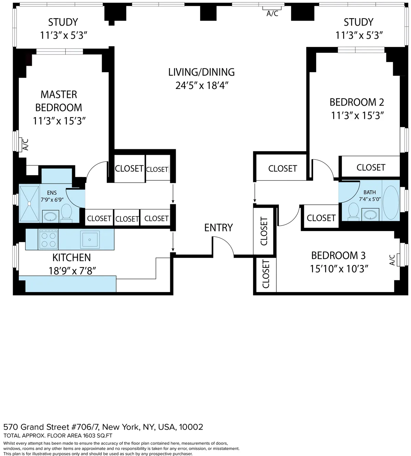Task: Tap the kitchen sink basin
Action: (x=90, y=239)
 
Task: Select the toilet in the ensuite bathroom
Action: (x=66, y=213)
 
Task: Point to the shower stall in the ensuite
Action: (x=29, y=203)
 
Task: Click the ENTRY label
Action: (x=219, y=228)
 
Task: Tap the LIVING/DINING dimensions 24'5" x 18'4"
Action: (x=202, y=85)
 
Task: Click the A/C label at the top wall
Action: (x=272, y=14)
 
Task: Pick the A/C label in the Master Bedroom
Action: (x=25, y=144)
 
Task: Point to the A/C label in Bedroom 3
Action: (x=393, y=260)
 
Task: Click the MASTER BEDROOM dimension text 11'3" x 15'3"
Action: (x=59, y=121)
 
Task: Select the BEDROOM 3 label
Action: (x=338, y=255)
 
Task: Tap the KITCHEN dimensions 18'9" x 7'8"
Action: (x=72, y=271)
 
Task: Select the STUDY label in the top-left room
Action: (x=63, y=22)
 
